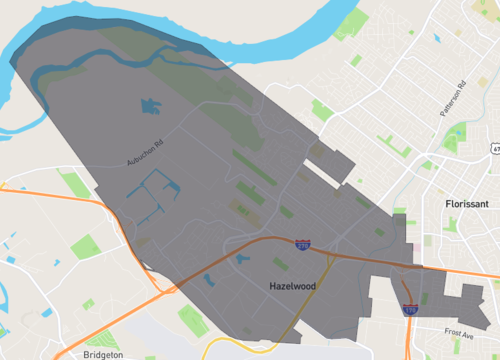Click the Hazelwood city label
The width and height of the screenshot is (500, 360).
(x=300, y=286)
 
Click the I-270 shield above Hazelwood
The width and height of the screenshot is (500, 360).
(x=302, y=243)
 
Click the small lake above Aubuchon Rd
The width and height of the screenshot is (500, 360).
(x=151, y=103)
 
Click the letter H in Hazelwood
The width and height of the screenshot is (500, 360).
(x=274, y=286)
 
